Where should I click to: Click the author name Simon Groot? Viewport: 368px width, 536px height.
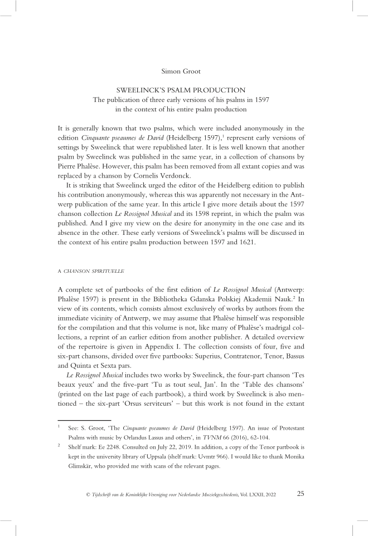[x=183, y=71]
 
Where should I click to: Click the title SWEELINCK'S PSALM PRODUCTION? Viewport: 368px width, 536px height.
[x=183, y=90]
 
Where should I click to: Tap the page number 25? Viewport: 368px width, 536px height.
[x=301, y=493]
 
